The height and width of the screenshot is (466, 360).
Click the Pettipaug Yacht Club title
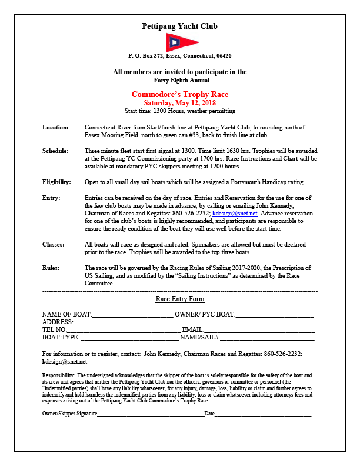click(180, 26)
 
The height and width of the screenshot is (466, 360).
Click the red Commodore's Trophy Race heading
click(180, 94)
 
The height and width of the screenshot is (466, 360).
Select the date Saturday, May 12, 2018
click(180, 102)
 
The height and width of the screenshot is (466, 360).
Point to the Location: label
click(55, 127)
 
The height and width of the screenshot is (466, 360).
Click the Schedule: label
click(56, 151)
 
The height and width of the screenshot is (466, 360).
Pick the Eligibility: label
click(57, 182)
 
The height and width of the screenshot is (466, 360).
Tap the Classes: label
click(54, 244)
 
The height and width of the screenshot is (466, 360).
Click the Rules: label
click(51, 267)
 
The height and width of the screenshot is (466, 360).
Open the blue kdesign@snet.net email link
click(235, 213)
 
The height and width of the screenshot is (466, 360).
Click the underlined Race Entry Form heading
click(180, 299)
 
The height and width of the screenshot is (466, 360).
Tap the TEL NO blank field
click(124, 330)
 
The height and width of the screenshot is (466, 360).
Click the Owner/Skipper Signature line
click(150, 414)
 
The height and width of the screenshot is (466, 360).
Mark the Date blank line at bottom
click(263, 414)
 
